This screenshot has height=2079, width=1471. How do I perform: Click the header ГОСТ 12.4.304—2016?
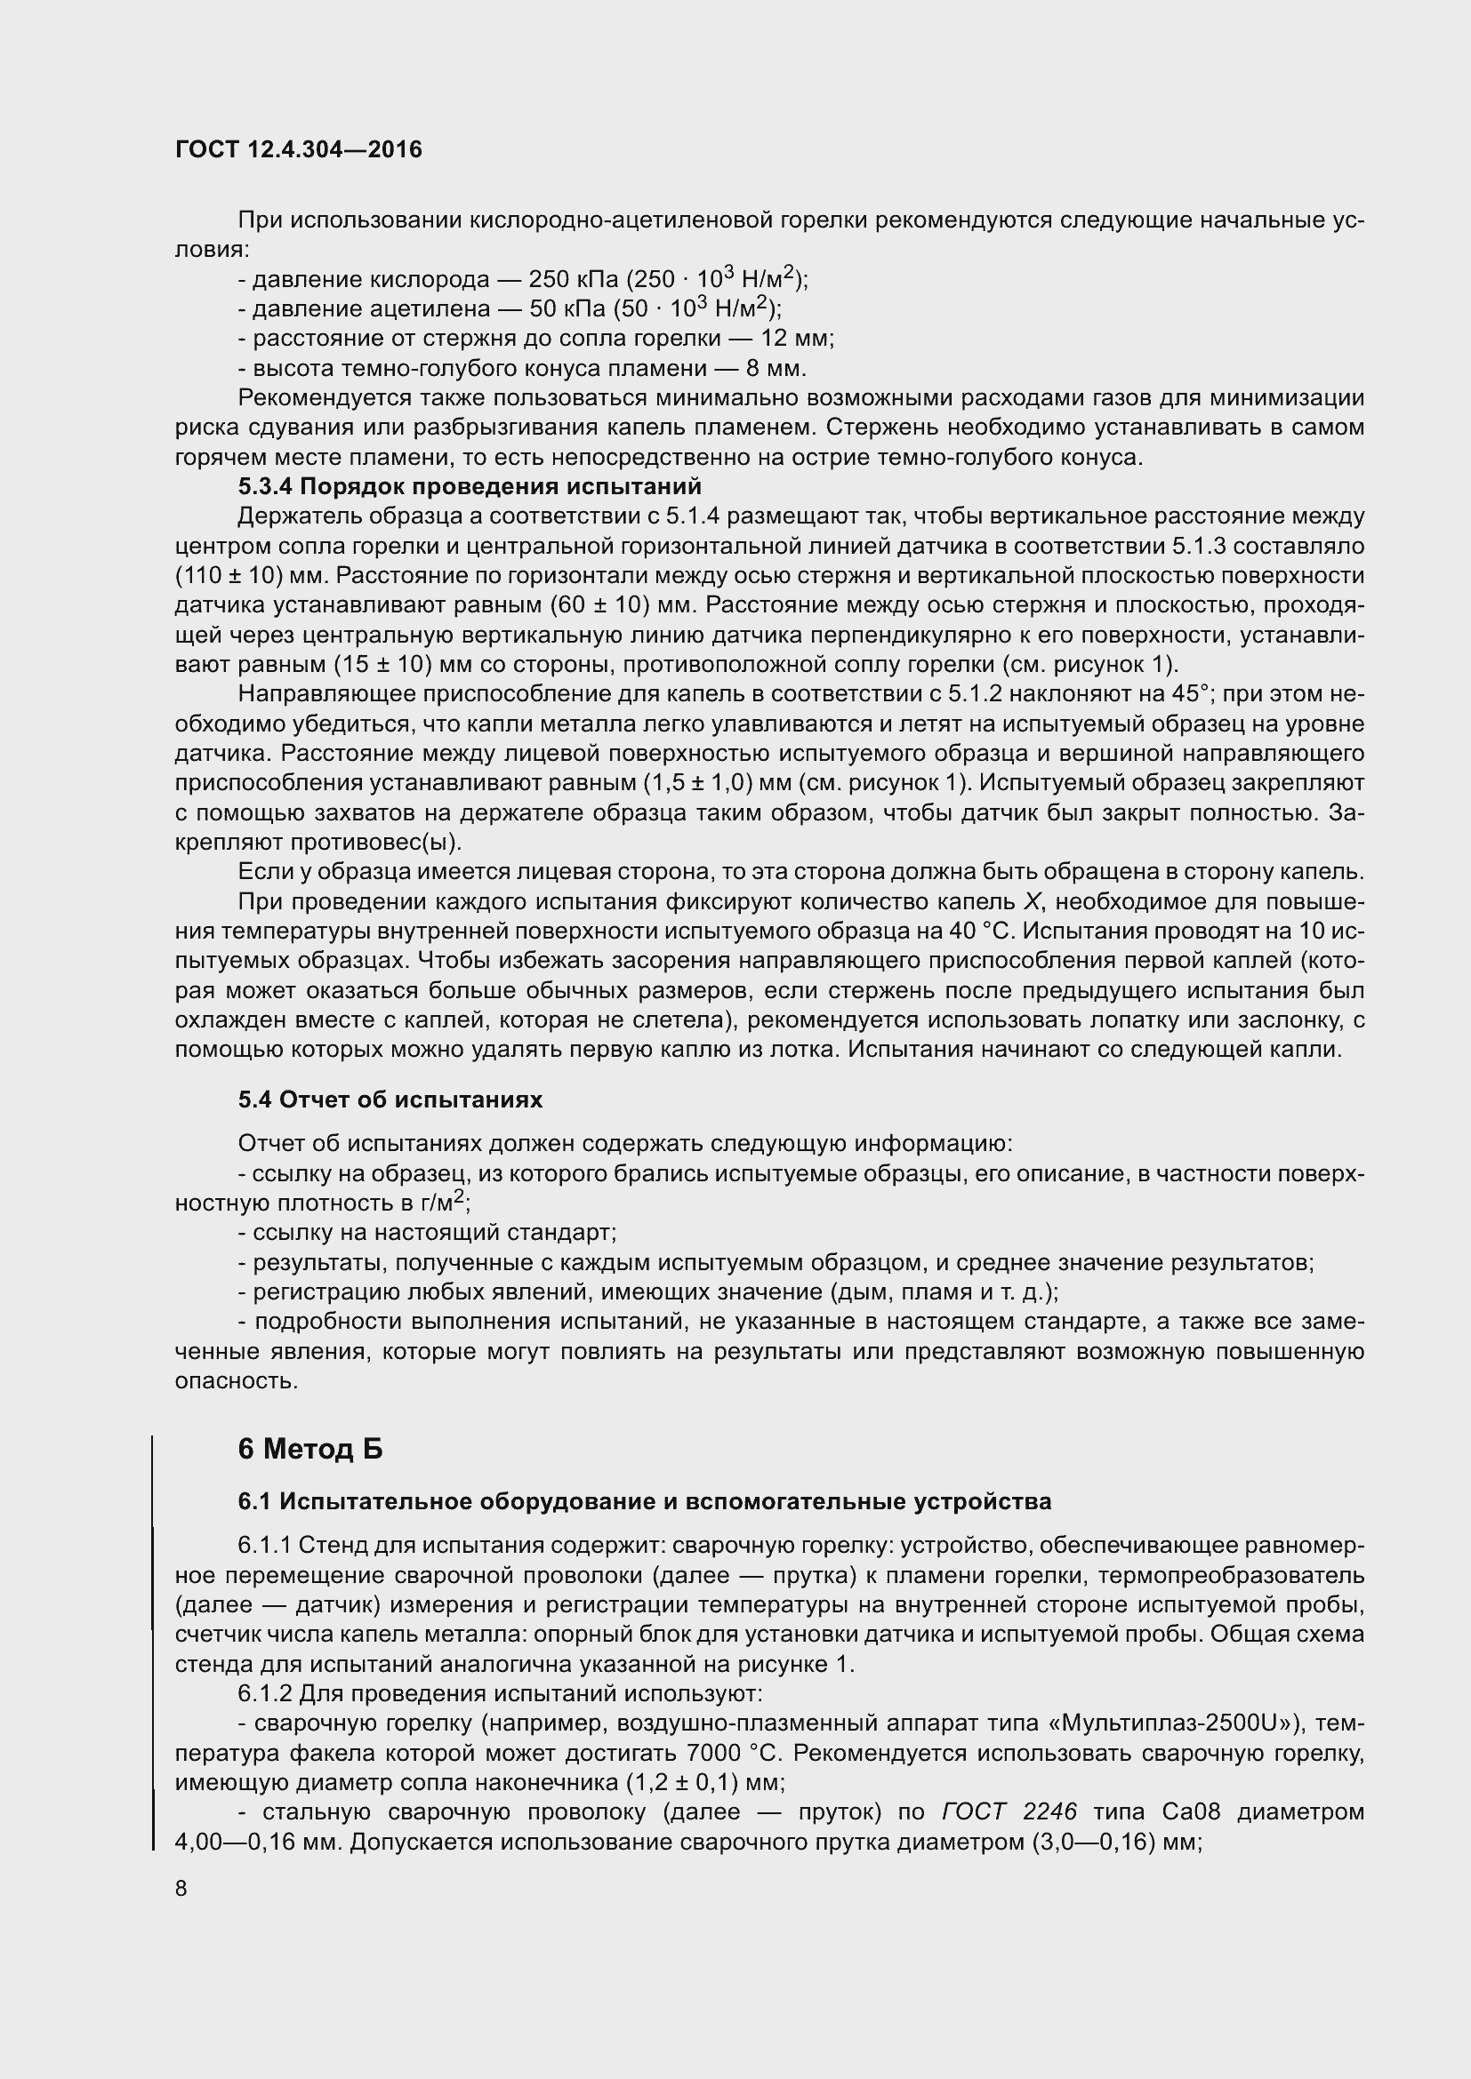pos(298,149)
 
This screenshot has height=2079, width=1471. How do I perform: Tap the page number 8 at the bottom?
pos(181,1888)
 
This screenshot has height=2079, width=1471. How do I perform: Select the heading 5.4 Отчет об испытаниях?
pos(390,1099)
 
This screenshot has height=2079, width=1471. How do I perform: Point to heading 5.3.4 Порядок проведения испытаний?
pos(470,487)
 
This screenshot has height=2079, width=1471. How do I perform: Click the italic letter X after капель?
pos(1033,902)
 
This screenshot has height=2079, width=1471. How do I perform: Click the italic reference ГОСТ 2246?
pos(1009,1811)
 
